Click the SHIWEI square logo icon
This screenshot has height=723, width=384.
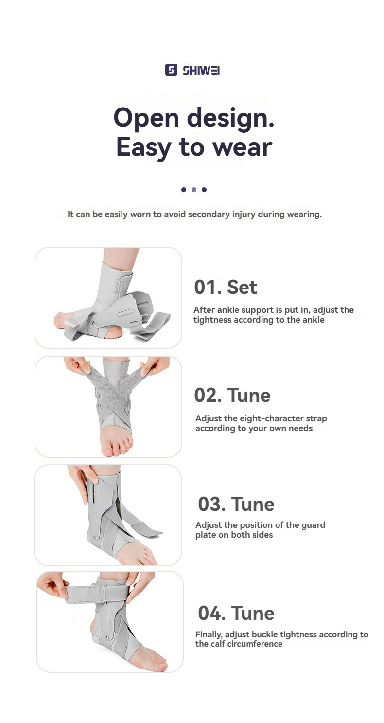pyautogui.click(x=171, y=70)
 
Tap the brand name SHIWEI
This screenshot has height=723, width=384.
pyautogui.click(x=201, y=71)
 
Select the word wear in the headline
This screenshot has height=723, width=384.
pyautogui.click(x=241, y=146)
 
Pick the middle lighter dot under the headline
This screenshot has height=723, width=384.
pyautogui.click(x=193, y=190)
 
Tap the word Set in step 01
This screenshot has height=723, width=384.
pyautogui.click(x=242, y=287)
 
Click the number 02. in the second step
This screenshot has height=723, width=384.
pyautogui.click(x=208, y=395)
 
